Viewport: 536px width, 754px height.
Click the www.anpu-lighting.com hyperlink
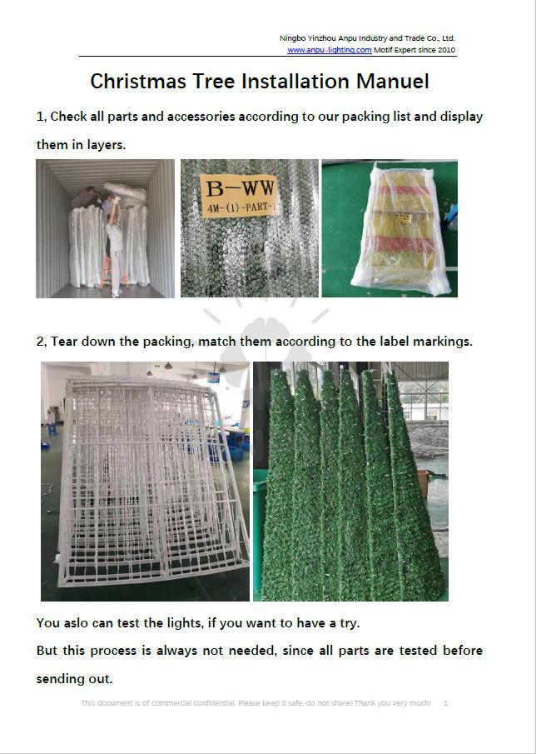coord(329,50)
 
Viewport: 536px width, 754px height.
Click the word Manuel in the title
coord(392,82)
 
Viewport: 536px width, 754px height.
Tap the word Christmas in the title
coord(138,82)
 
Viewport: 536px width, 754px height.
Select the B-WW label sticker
coord(239,195)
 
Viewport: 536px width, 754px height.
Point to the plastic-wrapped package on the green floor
coord(401,230)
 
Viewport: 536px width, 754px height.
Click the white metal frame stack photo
coord(145,482)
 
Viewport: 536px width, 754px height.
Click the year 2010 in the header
coord(447,50)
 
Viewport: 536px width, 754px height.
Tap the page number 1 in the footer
coord(446,703)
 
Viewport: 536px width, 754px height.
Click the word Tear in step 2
coord(65,342)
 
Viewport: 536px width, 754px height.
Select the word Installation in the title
coord(295,82)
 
